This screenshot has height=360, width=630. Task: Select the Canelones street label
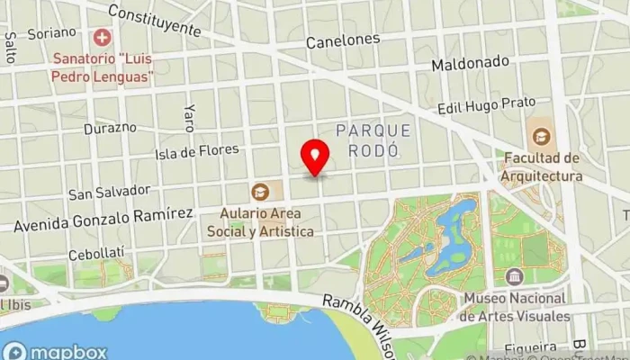(x=342, y=40)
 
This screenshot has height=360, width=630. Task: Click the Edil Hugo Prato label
(x=486, y=107)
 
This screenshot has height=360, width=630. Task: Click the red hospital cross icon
(x=102, y=38)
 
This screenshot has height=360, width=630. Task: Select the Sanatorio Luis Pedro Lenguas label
(x=100, y=69)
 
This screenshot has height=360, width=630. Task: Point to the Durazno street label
(x=110, y=128)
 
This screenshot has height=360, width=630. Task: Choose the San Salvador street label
(x=108, y=192)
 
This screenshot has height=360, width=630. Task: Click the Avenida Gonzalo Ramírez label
(x=103, y=216)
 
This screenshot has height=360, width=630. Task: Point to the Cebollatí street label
(x=96, y=253)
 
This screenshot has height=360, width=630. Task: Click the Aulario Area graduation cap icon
(x=260, y=191)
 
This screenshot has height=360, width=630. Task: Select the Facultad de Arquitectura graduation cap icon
(x=542, y=137)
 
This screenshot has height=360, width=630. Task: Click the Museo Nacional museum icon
(x=514, y=276)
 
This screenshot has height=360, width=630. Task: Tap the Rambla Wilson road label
(x=360, y=310)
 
